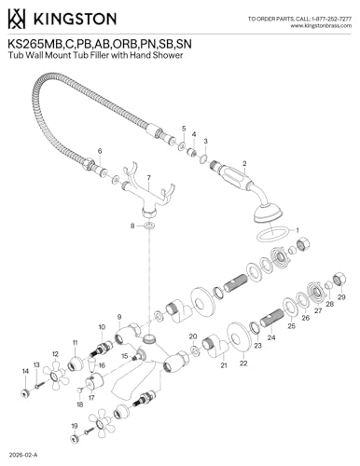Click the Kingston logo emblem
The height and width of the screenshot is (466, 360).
pos(17,19)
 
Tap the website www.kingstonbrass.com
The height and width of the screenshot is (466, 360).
pos(321,26)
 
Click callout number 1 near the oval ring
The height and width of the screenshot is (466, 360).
pos(298,230)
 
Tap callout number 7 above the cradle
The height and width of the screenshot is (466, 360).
pos(149,178)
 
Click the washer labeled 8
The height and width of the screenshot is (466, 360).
pos(149,226)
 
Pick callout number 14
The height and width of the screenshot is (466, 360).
pos(25,371)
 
